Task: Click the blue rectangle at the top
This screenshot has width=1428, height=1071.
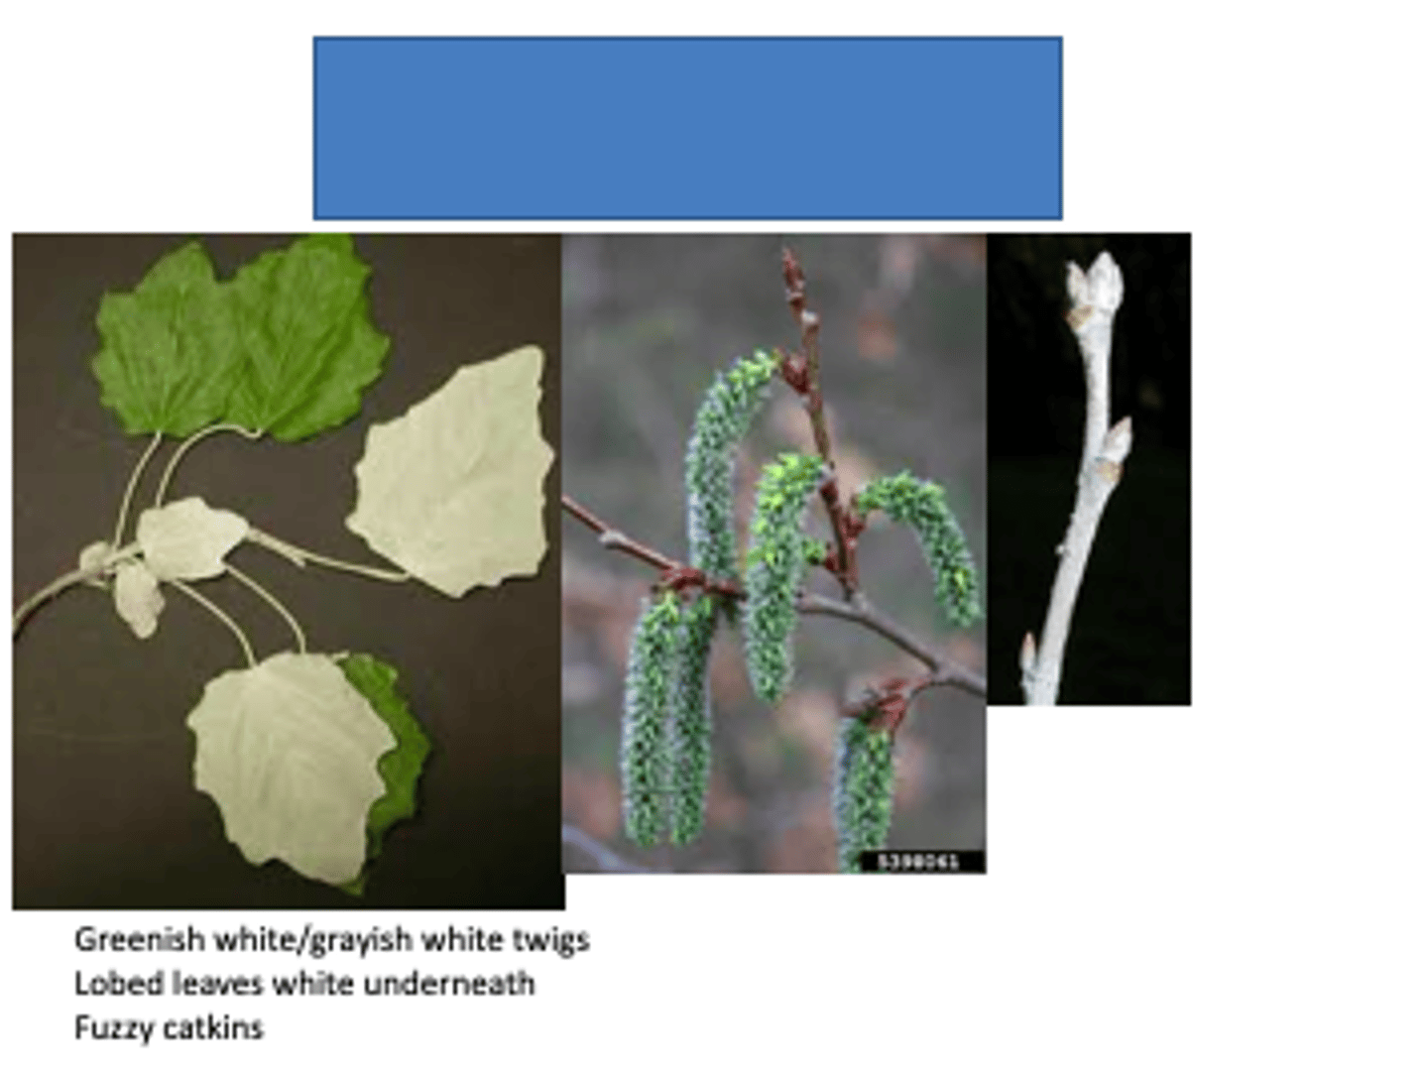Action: pyautogui.click(x=687, y=128)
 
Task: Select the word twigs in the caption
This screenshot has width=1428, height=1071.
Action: pyautogui.click(x=551, y=938)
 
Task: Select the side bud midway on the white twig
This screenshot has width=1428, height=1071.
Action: pyautogui.click(x=1115, y=441)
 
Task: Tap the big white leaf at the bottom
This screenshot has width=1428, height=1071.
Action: pyautogui.click(x=288, y=759)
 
